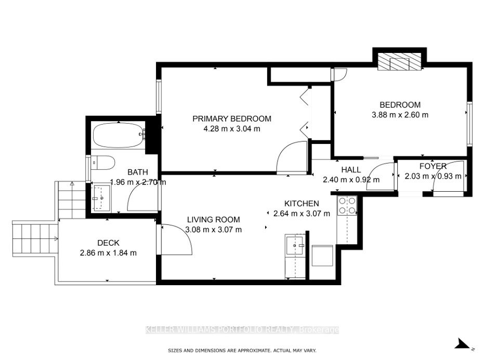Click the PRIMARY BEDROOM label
232,119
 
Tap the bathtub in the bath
119,136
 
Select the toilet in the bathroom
103,163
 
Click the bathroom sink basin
102,198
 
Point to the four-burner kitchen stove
347,206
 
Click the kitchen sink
295,245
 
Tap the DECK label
108,243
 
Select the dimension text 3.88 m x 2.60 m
400,115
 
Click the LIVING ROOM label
213,220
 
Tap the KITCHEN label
302,204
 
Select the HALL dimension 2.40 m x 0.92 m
351,180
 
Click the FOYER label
433,166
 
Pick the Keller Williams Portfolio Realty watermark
242,330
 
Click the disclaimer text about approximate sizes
242,351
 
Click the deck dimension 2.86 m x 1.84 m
108,253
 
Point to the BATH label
138,172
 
